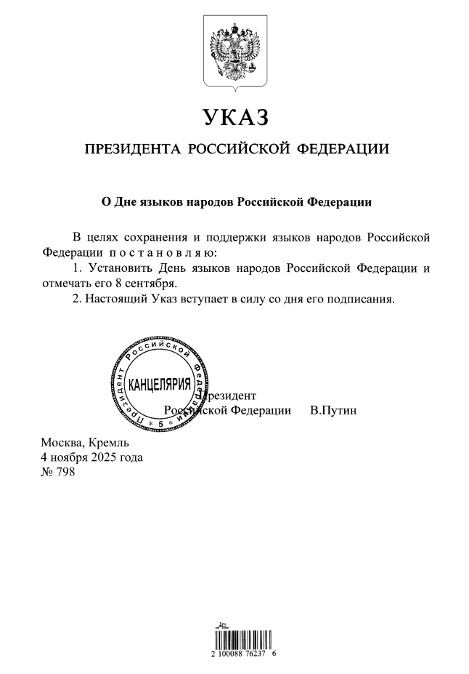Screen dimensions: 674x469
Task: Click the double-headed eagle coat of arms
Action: [234, 55]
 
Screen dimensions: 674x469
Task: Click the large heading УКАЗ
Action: [234, 116]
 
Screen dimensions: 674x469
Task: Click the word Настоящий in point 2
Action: [113, 298]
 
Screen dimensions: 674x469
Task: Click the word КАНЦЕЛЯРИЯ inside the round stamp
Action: [160, 384]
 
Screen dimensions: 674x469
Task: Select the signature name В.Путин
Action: [333, 410]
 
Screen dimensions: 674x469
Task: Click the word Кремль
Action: [108, 443]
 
